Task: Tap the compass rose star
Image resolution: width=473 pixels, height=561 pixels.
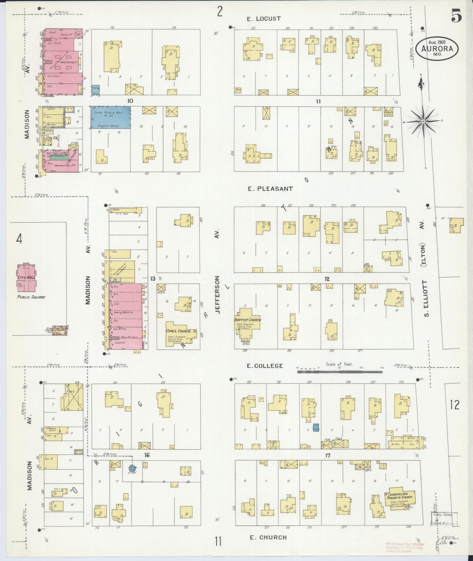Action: coord(423,121)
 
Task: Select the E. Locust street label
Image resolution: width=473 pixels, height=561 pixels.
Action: coord(264,19)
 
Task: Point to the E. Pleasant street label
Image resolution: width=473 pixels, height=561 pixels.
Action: coord(270,189)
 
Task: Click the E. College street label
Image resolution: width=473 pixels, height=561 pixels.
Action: coord(265,366)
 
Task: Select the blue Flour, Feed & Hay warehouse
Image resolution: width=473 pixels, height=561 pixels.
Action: coord(110,117)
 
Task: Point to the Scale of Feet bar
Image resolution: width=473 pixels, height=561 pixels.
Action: coord(339,371)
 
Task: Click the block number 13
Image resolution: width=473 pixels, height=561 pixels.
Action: coord(153,279)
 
